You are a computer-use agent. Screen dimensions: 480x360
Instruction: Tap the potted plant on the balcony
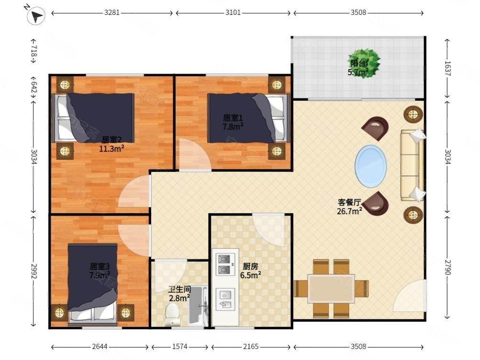[x=364, y=64]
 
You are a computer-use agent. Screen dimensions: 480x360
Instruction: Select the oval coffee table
[x=370, y=166]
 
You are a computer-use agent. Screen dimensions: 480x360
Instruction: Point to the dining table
[x=331, y=288]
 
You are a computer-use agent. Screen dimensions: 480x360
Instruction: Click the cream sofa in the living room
[x=413, y=165]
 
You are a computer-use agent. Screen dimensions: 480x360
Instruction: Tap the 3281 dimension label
[x=112, y=13]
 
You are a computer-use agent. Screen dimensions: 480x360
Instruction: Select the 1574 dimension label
[x=179, y=347]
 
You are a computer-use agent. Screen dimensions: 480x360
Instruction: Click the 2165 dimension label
[x=251, y=347]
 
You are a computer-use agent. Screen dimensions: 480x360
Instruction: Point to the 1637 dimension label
[x=447, y=68]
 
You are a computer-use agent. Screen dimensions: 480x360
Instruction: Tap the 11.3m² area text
[x=112, y=149]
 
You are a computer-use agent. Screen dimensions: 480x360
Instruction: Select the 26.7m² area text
[x=350, y=211]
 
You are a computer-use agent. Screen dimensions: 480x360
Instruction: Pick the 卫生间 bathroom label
[x=179, y=289]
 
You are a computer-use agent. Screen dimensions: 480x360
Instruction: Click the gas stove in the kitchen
[x=224, y=264]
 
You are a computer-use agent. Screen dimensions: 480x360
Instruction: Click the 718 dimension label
[x=33, y=51]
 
